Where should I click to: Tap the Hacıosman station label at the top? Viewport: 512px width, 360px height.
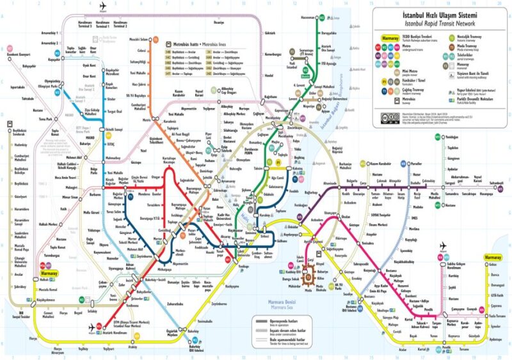pos(308,18)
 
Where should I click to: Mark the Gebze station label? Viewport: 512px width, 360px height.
pos(492,263)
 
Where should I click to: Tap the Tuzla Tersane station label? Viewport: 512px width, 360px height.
pos(492,316)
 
